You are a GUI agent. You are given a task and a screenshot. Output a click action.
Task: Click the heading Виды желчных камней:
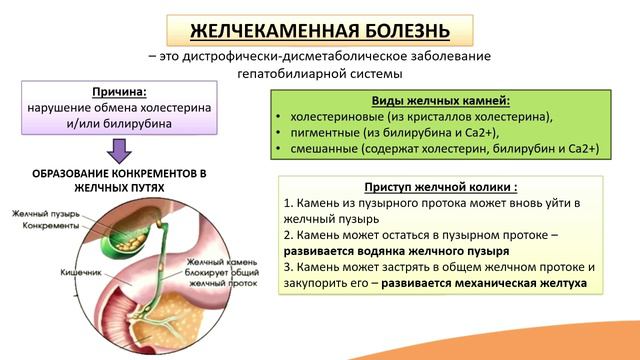441,101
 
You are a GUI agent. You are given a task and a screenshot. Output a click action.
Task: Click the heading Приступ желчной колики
440,187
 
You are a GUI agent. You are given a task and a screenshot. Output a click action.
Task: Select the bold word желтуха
559,284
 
